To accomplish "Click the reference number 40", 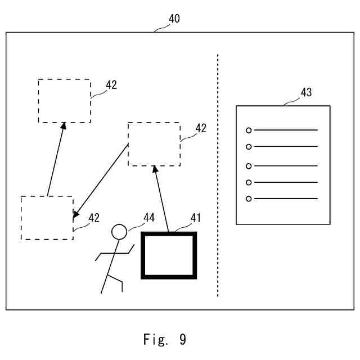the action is coord(174,19).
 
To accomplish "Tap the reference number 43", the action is coord(306,92).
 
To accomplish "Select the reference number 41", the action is coord(196,218).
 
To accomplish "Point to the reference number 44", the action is coord(149,217).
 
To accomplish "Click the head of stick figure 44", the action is coord(119,225).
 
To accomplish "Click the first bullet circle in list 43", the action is coord(249,130).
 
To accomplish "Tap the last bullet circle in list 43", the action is coord(249,199).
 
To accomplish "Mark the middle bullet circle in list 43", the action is coord(249,166).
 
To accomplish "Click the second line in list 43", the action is coord(286,146).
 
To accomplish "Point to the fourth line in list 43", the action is coord(286,182).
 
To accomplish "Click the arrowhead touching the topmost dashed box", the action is coord(64,125).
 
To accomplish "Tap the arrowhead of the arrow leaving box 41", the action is coord(155,169).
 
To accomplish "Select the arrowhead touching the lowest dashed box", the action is coord(75,214).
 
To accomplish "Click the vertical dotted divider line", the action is coord(218,175).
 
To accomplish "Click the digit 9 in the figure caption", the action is coord(183,339).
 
